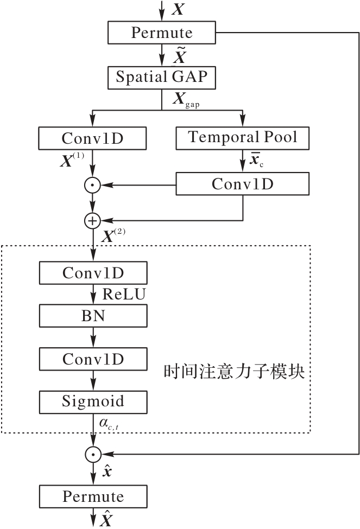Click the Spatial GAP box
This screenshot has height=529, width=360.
pos(161,78)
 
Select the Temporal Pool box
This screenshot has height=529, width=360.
pos(243,138)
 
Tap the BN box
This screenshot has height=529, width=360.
pos(93,316)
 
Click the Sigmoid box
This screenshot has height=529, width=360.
pos(93,402)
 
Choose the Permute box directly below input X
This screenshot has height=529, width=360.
pos(161,33)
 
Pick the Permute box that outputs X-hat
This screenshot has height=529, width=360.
pos(93,496)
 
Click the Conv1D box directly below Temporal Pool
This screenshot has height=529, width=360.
pos(243,184)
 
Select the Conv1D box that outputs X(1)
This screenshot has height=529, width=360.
pos(92,138)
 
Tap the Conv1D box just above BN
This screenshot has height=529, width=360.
pos(93,272)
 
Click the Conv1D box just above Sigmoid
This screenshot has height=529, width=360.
pos(93,359)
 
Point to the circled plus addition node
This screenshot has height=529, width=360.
pos(92,221)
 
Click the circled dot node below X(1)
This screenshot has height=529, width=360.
pos(92,185)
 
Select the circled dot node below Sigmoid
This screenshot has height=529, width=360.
pos(93,454)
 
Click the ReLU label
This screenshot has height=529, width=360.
pos(124,294)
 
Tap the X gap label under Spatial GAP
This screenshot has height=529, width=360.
pos(186,99)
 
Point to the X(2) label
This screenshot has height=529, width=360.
pos(113,235)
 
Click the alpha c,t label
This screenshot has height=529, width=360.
pos(109,423)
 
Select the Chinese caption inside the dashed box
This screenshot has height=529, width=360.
pos(234,372)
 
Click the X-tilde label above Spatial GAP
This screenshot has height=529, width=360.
pos(180,55)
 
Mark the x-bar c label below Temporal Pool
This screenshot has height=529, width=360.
pos(257,159)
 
